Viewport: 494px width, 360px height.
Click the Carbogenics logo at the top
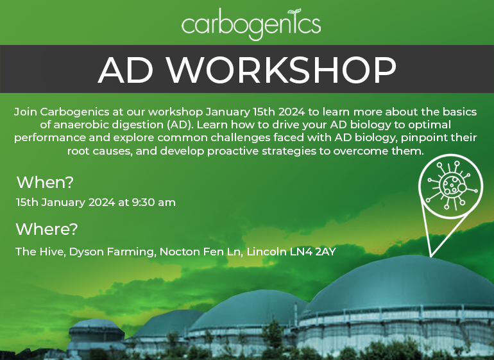[251, 24]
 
